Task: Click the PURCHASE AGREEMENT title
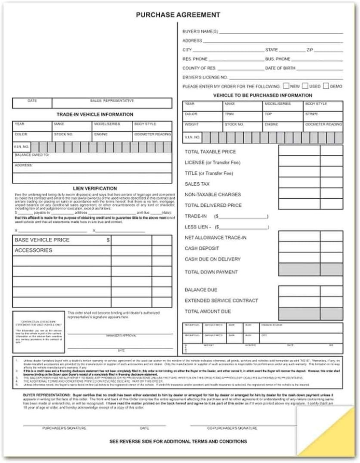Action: point(178,15)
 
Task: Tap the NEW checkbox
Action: point(286,86)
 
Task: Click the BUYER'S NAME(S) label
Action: point(200,32)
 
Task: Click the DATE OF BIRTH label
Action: point(280,68)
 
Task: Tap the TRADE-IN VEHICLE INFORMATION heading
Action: point(95,115)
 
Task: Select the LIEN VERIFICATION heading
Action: point(95,188)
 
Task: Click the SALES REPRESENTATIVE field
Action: point(112,103)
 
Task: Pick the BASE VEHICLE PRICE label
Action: point(42,240)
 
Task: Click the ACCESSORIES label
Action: point(33,251)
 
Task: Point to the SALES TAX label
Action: point(197,184)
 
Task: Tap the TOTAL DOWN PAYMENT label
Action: point(211,272)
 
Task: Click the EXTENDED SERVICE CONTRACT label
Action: point(222,300)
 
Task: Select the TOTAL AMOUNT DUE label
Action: point(208,312)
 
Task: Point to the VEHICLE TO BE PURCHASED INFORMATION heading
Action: point(263,95)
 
